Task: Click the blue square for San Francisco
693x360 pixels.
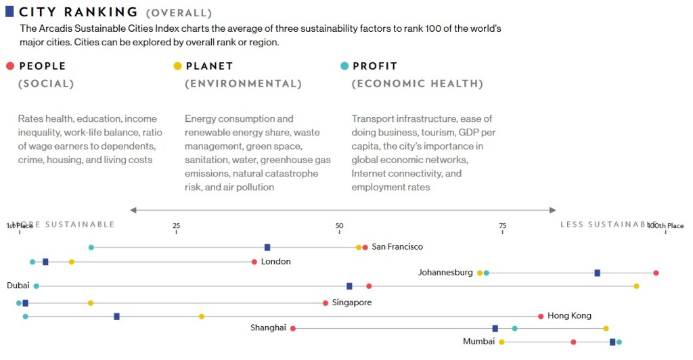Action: (x=267, y=248)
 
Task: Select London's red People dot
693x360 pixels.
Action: (x=254, y=262)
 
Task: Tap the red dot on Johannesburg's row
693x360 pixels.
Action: (x=656, y=273)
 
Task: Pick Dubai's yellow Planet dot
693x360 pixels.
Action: (x=636, y=286)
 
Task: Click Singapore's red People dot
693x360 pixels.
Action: (x=326, y=303)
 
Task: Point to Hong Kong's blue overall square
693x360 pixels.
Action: (x=116, y=316)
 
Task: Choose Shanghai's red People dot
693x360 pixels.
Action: (x=293, y=328)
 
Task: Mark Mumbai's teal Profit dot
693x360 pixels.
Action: (x=619, y=342)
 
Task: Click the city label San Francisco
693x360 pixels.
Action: (x=397, y=247)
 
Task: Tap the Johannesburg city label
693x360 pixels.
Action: (x=445, y=273)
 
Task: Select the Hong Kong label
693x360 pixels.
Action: (x=569, y=316)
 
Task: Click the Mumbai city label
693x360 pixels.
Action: (x=478, y=342)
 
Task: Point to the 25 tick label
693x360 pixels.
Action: (x=176, y=225)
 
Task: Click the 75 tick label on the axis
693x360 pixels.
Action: (x=502, y=225)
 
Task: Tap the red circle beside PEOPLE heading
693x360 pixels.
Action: (x=9, y=66)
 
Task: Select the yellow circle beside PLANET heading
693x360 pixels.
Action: (x=177, y=66)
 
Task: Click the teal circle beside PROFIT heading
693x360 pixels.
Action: (x=344, y=66)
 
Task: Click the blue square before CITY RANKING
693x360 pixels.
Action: (x=9, y=12)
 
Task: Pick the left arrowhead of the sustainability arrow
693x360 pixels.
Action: (x=133, y=210)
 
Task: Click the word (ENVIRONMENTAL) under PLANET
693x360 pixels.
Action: (x=243, y=84)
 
